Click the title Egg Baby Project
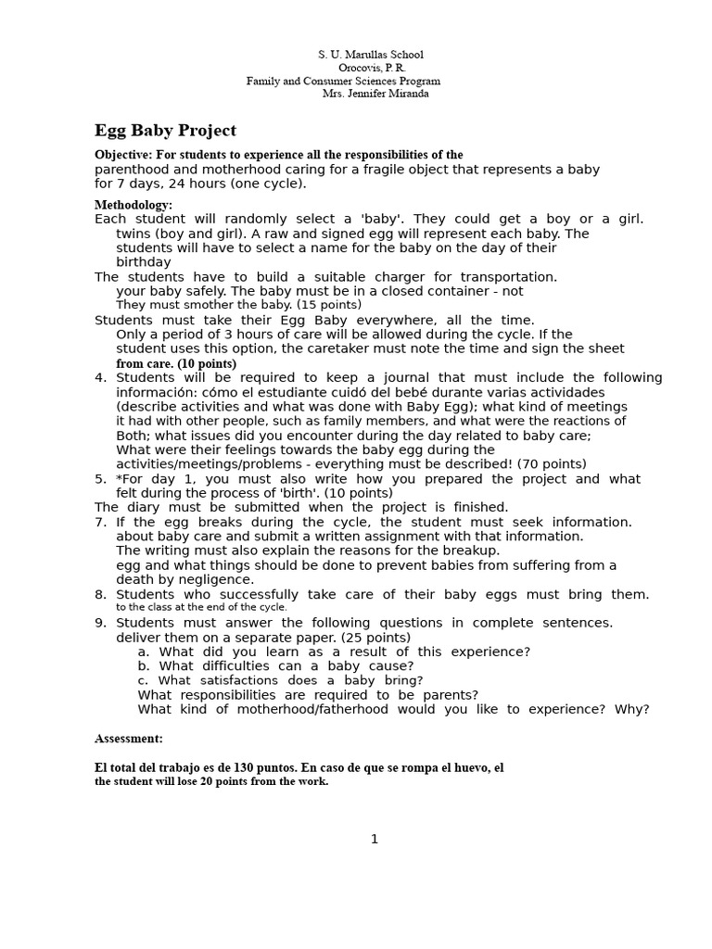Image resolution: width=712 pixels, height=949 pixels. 165,131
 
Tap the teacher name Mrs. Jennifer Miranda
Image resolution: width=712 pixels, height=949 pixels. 375,94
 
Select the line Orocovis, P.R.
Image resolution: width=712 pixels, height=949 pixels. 372,68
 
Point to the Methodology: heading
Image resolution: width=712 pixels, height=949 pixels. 133,205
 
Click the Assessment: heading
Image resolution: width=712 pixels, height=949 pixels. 129,739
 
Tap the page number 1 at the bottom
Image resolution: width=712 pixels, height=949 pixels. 375,840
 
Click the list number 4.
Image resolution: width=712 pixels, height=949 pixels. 100,377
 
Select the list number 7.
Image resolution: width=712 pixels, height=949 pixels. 100,522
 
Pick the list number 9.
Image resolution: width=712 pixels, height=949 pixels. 100,623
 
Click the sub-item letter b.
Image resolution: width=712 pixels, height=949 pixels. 144,665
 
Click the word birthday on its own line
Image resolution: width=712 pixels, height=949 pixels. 144,262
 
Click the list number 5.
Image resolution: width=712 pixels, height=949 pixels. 100,479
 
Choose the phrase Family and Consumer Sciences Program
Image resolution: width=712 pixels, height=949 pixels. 343,81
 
